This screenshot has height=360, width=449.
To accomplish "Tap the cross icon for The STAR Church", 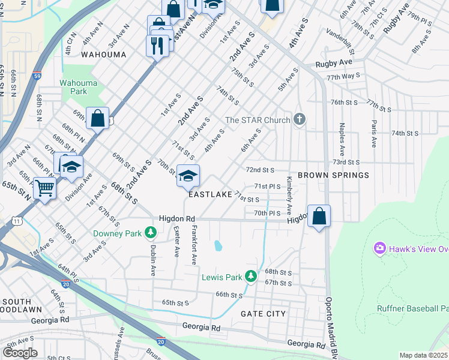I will tap(300, 120).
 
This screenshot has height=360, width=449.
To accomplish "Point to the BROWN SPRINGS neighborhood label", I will tap(333, 175).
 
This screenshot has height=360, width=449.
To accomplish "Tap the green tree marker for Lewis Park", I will tap(253, 277).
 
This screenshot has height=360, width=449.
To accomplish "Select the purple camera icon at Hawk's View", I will tap(379, 248).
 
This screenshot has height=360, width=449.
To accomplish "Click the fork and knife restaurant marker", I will tap(157, 46).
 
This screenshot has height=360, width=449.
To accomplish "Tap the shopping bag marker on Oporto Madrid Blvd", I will tap(319, 216).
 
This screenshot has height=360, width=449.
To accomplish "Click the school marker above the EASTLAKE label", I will tap(188, 175).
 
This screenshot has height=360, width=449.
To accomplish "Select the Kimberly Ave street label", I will tap(289, 196).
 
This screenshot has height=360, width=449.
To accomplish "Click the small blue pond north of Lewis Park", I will tap(217, 245).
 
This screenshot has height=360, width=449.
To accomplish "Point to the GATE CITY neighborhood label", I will tap(263, 314).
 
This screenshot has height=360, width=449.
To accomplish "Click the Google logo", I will tap(20, 353).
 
